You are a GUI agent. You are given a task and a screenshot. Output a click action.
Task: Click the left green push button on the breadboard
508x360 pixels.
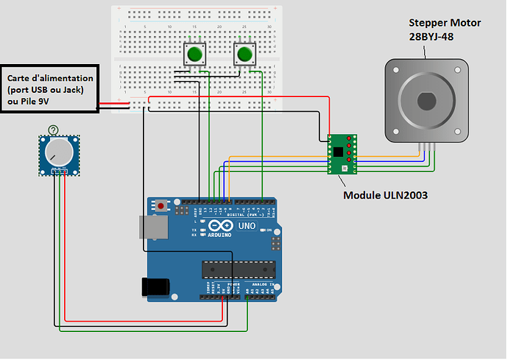click(194, 54)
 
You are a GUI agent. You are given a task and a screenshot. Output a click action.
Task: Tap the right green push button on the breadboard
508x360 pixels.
click(244, 54)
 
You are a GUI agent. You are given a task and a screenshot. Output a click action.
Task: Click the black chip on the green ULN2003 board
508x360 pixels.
click(338, 152)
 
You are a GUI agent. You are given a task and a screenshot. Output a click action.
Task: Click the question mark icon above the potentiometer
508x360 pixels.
click(52, 130)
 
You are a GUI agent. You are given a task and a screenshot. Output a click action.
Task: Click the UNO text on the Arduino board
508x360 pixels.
click(247, 226)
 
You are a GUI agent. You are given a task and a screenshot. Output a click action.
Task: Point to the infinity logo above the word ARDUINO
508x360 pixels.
click(219, 226)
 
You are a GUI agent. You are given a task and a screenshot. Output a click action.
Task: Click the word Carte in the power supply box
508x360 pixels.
click(21, 78)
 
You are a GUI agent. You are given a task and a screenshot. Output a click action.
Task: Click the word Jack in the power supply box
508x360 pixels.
click(71, 90)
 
